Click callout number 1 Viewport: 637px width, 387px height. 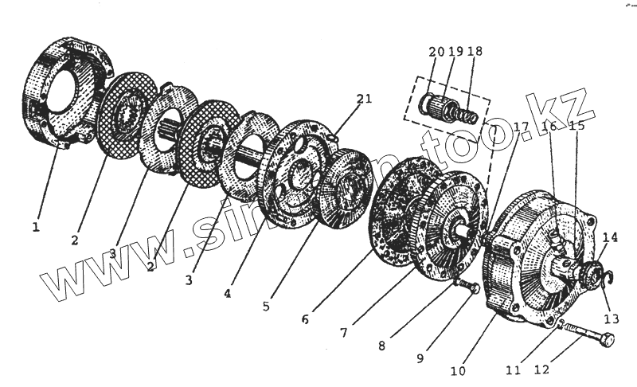35,227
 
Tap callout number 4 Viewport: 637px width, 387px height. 228,293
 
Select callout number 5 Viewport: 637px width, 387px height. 267,304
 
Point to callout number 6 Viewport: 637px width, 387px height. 306,320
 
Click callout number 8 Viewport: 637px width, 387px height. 382,346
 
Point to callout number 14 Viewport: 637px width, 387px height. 609,237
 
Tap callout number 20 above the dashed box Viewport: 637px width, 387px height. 436,52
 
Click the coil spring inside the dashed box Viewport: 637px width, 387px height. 466,114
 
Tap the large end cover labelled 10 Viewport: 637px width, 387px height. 526,263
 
